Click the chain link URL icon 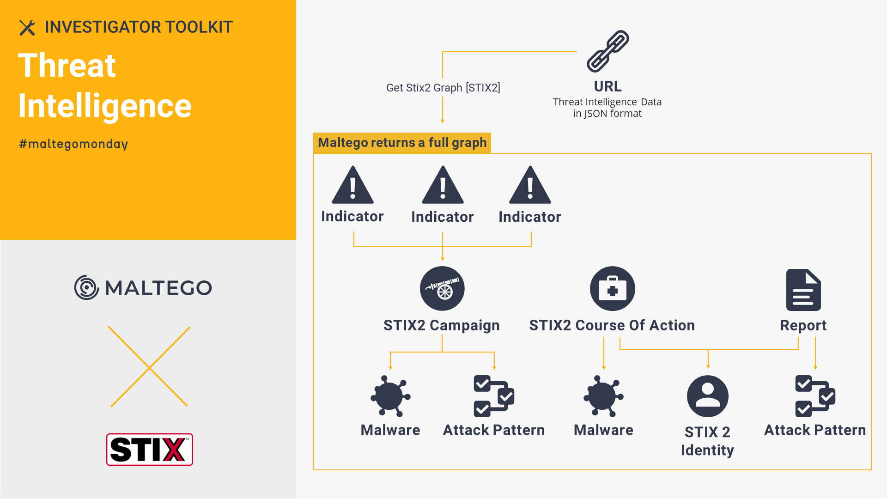(608, 51)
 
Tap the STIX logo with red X (150, 450)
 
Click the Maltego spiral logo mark (86, 287)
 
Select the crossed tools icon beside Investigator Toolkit (27, 28)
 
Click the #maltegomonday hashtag (73, 144)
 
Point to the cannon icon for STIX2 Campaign (442, 288)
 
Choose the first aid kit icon (613, 288)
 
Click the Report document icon (803, 290)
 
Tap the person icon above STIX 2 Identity (708, 396)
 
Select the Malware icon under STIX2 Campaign (390, 396)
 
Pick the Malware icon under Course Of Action (603, 396)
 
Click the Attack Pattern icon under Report (815, 396)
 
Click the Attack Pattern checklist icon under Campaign (494, 396)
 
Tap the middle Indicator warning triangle (443, 185)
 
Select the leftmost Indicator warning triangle (352, 185)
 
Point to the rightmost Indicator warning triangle (530, 185)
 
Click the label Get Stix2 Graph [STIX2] (443, 88)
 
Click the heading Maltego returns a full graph (402, 143)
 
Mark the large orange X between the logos (150, 367)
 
